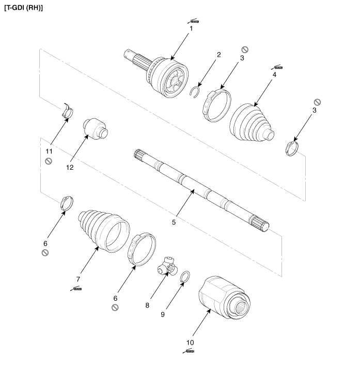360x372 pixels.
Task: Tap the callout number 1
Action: point(191,28)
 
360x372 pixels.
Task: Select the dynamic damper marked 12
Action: point(94,128)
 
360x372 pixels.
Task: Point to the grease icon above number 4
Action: point(277,67)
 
